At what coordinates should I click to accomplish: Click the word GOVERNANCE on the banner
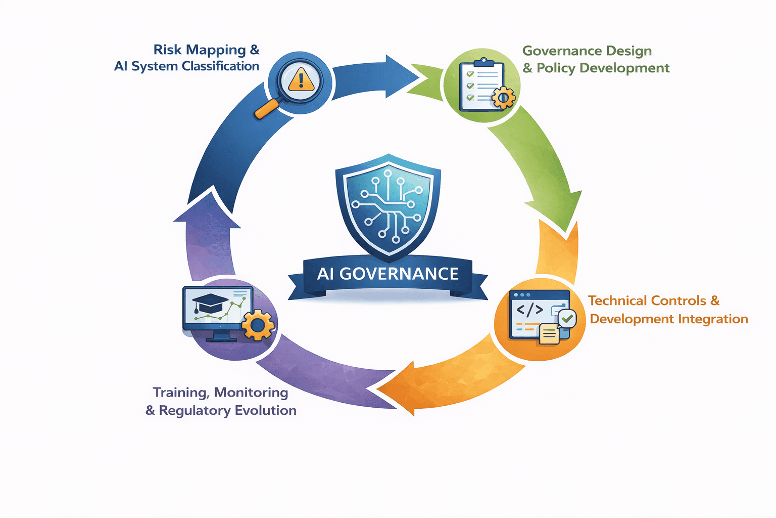(399, 274)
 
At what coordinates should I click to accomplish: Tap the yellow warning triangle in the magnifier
(301, 80)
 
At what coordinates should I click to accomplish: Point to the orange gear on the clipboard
(503, 97)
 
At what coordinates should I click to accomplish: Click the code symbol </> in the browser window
(529, 309)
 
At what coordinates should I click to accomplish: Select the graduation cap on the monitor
(210, 303)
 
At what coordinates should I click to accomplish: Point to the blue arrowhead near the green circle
(402, 76)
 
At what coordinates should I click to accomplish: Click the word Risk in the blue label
(167, 50)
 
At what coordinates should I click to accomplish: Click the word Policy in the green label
(556, 68)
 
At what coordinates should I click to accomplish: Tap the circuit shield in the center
(388, 205)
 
